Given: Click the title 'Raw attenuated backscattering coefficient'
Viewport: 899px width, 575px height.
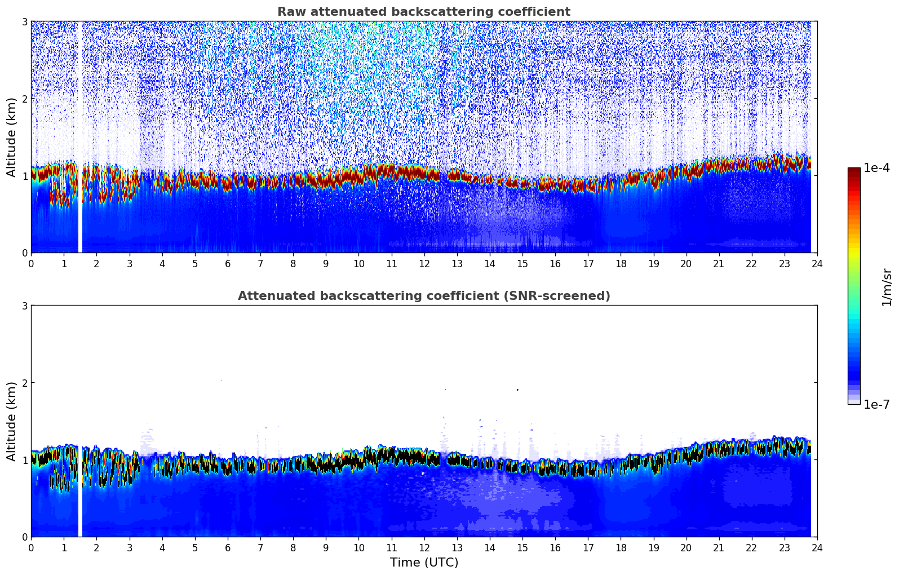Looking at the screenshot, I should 423,12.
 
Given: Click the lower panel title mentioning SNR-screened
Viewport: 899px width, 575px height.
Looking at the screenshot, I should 423,296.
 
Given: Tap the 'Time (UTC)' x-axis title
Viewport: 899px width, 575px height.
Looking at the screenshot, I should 424,562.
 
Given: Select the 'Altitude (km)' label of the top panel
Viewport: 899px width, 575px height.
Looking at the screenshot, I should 11,137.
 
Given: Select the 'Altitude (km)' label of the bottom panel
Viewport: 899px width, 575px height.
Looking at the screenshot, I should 11,421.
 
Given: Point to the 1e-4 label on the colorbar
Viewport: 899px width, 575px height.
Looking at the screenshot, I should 876,168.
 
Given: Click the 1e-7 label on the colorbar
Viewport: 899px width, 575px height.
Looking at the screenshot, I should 876,404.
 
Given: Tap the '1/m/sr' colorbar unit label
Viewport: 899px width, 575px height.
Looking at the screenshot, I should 887,287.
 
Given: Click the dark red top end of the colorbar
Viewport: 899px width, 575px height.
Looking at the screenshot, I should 854,170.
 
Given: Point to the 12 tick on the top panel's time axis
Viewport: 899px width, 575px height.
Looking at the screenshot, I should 424,263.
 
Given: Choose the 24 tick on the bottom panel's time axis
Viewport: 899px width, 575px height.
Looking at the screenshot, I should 817,547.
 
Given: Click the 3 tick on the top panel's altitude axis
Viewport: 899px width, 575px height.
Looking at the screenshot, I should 24,21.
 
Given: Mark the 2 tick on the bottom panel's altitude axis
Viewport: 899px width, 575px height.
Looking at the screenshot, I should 24,383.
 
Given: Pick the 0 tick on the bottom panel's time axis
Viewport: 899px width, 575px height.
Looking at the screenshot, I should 31,547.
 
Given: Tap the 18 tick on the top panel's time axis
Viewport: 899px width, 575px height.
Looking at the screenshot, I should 621,263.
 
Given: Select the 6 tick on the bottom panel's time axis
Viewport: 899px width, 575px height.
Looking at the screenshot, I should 228,547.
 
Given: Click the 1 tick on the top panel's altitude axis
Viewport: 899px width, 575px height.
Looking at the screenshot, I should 24,176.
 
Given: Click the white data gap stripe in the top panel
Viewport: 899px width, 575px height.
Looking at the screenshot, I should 80,137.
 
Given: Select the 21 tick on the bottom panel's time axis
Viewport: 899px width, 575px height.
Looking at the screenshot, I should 719,547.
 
